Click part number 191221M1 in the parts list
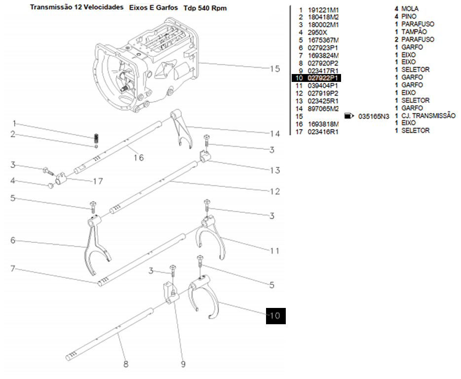(323, 9)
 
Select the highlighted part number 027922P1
(323, 78)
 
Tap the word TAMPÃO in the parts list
(413, 32)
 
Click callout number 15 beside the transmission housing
(274, 69)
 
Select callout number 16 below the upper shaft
(138, 157)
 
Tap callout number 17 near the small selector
(98, 182)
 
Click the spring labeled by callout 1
(97, 138)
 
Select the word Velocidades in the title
(103, 8)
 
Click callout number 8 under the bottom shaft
(126, 365)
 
